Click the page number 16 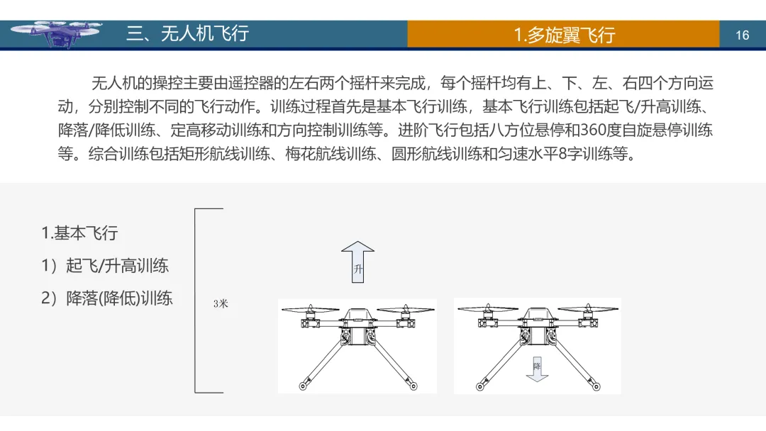coord(742,35)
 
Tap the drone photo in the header coord(56,33)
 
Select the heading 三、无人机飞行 coord(187,33)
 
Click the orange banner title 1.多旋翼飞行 coord(564,35)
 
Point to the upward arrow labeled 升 coord(357,261)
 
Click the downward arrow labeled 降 coord(537,368)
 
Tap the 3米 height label coord(221,303)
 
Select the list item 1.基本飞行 coord(79,233)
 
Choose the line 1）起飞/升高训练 coord(105,266)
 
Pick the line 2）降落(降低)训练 coord(107,298)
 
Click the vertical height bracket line coord(196,301)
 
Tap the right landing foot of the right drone coord(594,384)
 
